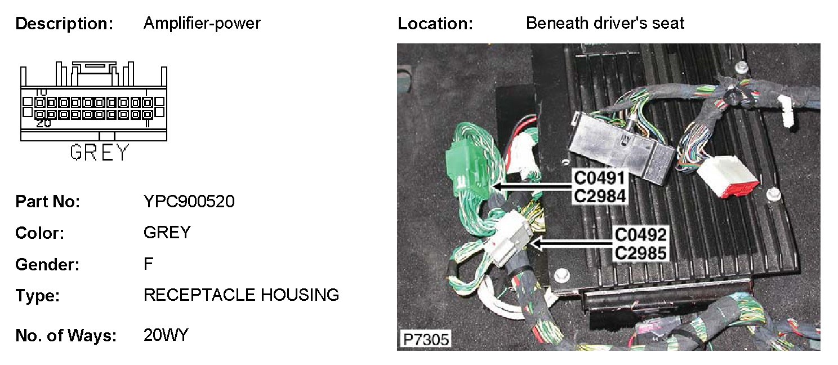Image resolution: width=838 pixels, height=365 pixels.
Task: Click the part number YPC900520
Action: (x=189, y=202)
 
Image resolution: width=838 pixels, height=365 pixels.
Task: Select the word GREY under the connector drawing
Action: (x=100, y=153)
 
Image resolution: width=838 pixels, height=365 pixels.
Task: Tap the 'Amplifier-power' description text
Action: (x=202, y=23)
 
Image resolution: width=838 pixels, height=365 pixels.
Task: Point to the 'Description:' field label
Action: (x=65, y=24)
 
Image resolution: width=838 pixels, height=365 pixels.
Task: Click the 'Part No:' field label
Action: (x=48, y=202)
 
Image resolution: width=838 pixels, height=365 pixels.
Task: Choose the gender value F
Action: (x=149, y=264)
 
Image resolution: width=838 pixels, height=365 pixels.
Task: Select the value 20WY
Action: (x=166, y=336)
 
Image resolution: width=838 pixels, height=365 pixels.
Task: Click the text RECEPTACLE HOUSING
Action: (x=242, y=295)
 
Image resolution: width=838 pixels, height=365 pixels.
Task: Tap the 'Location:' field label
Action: (x=435, y=24)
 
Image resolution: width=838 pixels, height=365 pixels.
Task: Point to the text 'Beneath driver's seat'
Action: (x=605, y=23)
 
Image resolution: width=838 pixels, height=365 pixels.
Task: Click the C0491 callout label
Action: (x=600, y=179)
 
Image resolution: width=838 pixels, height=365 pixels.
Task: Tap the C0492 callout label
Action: (x=640, y=234)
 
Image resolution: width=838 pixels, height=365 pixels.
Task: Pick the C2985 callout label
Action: (x=640, y=252)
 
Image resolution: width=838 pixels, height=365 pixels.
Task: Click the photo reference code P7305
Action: (x=425, y=340)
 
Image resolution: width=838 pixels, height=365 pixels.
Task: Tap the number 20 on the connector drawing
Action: (x=43, y=123)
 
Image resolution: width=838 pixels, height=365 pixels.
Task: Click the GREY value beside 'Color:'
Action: (x=167, y=232)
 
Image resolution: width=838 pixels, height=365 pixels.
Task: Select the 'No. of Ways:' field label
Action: (x=66, y=336)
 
